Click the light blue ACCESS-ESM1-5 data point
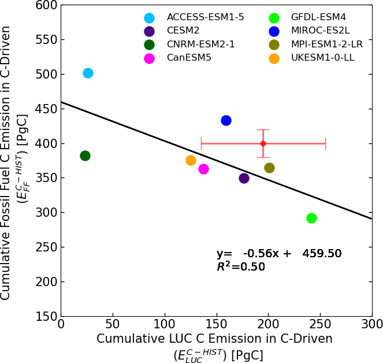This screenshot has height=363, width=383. (88, 73)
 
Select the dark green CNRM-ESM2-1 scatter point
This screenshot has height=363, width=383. (85, 155)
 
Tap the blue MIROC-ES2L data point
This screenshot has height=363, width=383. (226, 120)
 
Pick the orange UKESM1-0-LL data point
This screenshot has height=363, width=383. (191, 160)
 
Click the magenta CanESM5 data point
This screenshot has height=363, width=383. (203, 169)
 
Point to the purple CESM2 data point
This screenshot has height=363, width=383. (244, 178)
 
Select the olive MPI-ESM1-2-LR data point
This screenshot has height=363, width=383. (269, 168)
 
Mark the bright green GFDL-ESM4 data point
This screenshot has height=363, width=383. (311, 218)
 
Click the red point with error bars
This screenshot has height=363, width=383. (263, 143)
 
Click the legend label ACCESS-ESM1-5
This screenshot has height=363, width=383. (205, 17)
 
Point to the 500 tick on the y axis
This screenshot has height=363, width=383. (61, 74)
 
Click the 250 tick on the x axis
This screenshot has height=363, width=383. (320, 316)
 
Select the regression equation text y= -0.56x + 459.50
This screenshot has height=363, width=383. (279, 254)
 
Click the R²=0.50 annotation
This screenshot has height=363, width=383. (240, 266)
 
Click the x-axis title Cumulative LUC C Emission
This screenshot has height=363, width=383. (214, 339)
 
